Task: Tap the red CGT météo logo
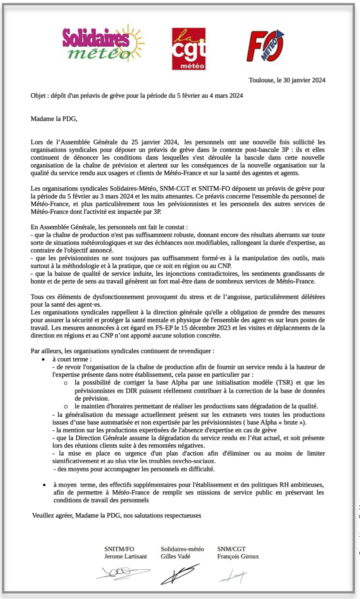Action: [x=188, y=49]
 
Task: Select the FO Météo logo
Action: [x=265, y=46]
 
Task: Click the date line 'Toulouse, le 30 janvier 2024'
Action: [x=287, y=80]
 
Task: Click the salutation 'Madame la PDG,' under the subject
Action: [x=54, y=119]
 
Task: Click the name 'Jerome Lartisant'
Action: [x=125, y=556]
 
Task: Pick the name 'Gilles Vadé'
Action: [x=176, y=556]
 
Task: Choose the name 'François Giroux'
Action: [x=238, y=556]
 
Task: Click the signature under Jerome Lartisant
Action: [x=123, y=573]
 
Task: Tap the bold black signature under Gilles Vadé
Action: [x=179, y=574]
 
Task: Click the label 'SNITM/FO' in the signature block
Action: [x=119, y=549]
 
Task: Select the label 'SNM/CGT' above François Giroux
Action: [x=232, y=549]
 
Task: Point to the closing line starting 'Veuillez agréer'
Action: [x=117, y=515]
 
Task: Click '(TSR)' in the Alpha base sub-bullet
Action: [x=284, y=383]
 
